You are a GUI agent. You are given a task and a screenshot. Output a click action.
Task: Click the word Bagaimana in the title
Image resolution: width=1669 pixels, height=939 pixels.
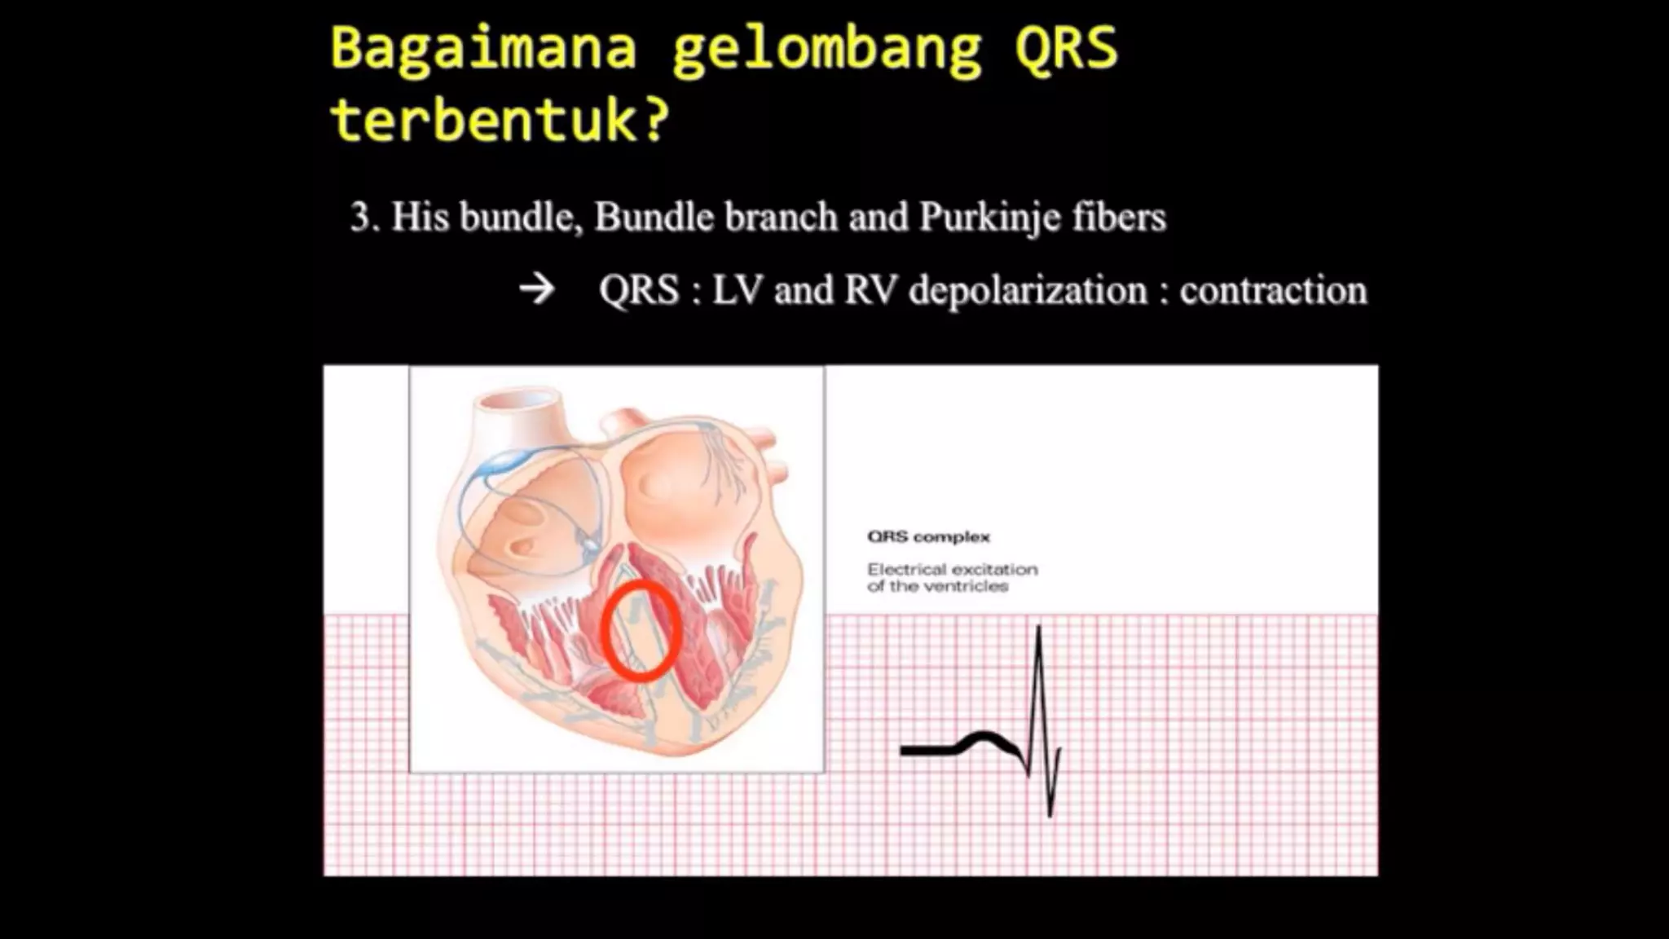pos(482,49)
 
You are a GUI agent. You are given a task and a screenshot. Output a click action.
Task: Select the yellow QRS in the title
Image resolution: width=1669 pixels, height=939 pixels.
pos(1066,49)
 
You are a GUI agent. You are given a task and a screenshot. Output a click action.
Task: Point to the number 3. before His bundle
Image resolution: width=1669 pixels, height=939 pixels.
pos(364,218)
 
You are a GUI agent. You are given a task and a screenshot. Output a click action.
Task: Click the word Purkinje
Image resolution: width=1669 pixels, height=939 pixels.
pos(989,218)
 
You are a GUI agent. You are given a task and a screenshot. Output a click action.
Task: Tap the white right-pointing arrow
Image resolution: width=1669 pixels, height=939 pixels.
pos(537,289)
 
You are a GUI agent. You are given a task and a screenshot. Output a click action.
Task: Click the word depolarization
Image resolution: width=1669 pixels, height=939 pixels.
pos(1028,291)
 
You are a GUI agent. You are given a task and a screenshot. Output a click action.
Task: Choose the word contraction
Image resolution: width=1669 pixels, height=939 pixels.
pos(1273,291)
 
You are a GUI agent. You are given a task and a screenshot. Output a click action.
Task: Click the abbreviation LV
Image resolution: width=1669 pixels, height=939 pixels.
pos(737,291)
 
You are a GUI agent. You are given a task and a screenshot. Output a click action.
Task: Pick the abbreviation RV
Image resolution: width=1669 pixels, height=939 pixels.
pos(870,291)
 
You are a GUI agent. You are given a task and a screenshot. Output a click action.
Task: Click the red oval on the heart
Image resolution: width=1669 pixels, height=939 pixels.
pos(641,631)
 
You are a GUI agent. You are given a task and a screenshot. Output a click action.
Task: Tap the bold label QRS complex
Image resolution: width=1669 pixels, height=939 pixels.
pos(928,537)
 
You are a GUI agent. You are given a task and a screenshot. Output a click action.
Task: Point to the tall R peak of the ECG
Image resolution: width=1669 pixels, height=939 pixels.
pos(1038,629)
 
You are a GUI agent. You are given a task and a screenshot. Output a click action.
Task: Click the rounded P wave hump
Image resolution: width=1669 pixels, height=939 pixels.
pos(985,738)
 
